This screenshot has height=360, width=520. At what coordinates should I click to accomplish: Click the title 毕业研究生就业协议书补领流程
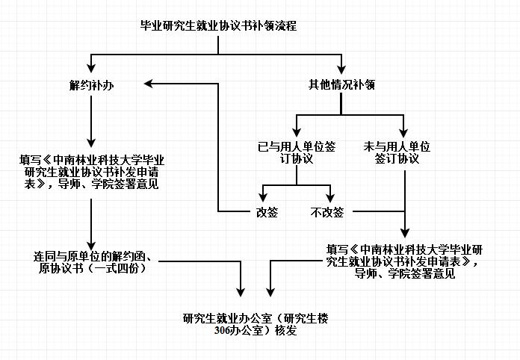[219, 26]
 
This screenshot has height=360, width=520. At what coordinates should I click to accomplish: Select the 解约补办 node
[91, 86]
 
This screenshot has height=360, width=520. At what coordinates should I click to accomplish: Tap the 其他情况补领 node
[341, 85]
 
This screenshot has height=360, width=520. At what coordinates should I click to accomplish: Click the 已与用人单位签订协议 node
[297, 152]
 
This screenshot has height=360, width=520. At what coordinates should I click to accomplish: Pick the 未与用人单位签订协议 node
[397, 152]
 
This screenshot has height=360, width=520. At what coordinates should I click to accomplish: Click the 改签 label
[267, 212]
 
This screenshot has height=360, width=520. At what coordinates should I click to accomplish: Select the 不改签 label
[327, 212]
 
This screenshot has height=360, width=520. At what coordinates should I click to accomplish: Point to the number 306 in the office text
[222, 331]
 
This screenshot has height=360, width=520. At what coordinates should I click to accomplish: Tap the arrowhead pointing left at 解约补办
[148, 84]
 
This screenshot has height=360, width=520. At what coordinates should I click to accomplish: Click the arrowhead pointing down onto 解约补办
[91, 68]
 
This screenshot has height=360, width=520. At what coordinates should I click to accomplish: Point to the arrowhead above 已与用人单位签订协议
[297, 132]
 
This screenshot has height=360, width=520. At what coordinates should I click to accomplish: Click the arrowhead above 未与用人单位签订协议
[403, 133]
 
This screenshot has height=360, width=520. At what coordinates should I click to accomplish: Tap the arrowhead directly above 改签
[263, 197]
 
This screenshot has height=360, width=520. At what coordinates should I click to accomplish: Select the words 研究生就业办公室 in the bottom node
[227, 319]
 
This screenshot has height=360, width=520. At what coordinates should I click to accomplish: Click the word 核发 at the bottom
[285, 330]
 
